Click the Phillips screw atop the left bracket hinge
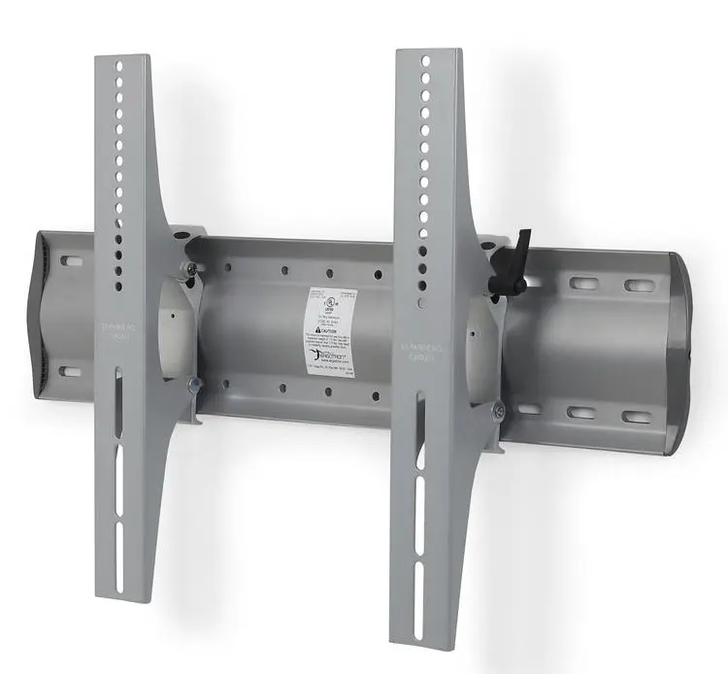pos(192,268)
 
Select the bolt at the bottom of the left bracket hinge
pos(197,386)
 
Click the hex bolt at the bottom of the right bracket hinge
pos(497,411)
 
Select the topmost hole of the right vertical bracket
pos(425,61)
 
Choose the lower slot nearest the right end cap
pos(636,417)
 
